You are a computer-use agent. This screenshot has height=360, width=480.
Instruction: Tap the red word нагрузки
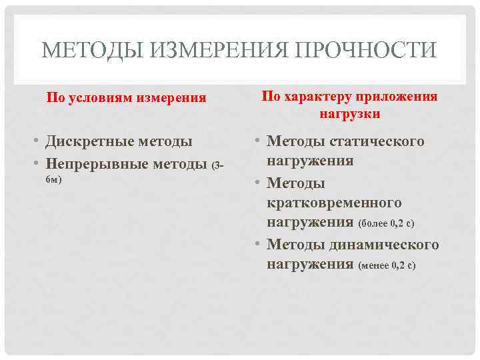point(350,113)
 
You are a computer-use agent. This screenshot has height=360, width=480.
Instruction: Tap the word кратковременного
point(334,202)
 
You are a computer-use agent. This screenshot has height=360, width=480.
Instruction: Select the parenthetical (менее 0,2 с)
point(387,265)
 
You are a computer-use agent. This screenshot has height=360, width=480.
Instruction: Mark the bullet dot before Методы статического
point(258,142)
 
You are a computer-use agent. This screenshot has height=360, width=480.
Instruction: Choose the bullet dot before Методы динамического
point(258,245)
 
